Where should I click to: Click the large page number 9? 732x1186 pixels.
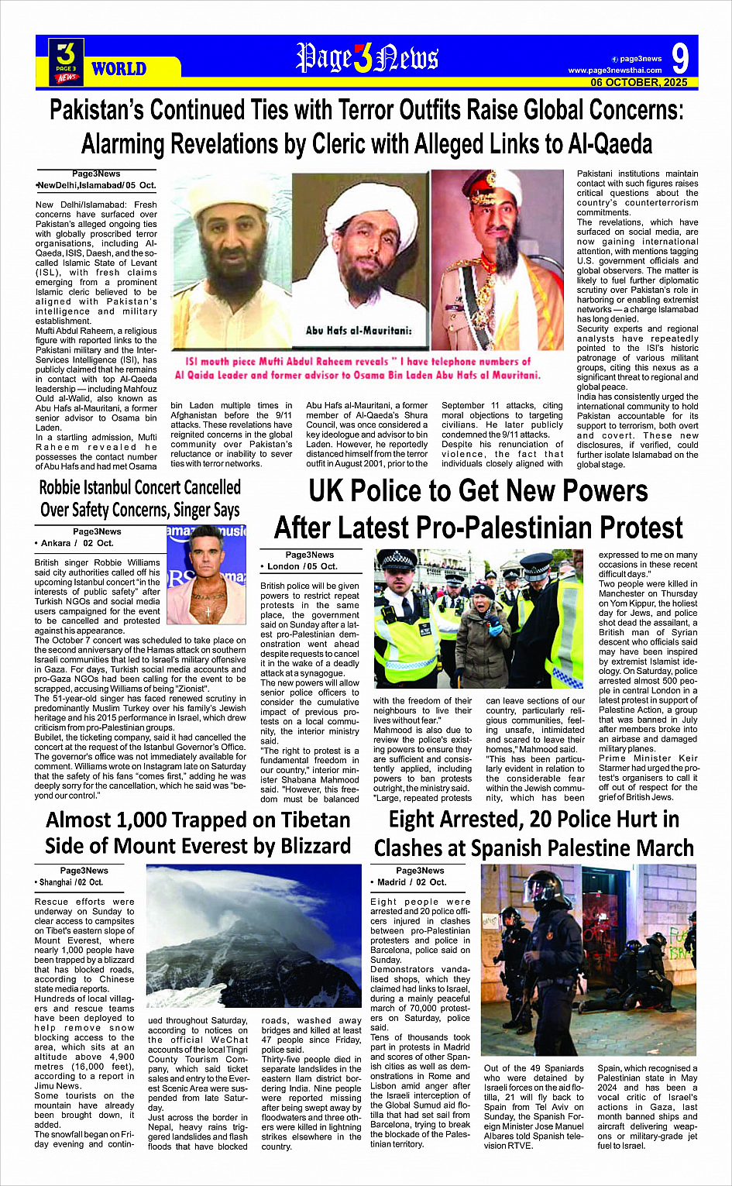[679, 59]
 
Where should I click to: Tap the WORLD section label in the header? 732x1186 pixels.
[119, 69]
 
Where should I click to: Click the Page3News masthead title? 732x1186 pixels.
[367, 58]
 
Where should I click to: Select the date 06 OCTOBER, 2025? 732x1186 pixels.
[639, 82]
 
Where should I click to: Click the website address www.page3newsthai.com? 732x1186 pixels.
[615, 70]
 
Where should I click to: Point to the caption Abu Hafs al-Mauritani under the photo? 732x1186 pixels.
[359, 331]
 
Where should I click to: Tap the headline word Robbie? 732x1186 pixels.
[70, 488]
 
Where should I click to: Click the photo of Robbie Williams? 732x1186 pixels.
[207, 575]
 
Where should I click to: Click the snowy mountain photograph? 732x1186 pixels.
[253, 935]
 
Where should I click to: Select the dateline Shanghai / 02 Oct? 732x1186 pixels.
[69, 882]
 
